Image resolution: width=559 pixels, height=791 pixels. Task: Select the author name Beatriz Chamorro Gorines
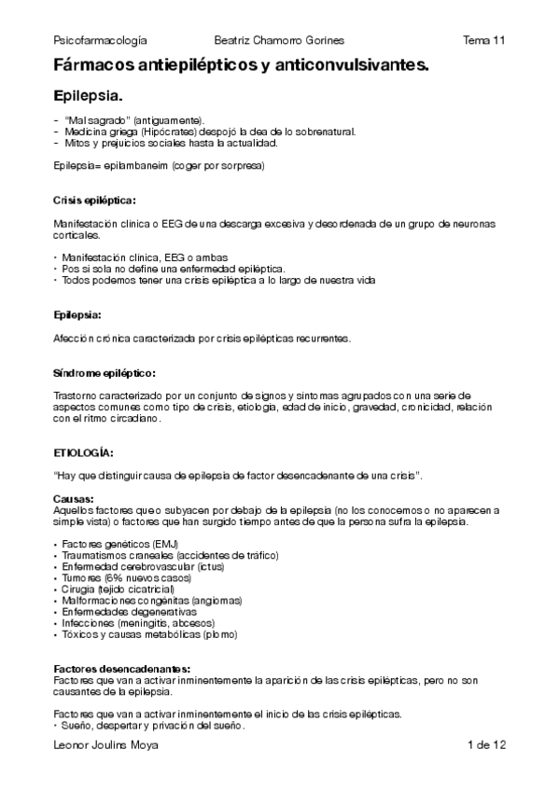[x=279, y=40]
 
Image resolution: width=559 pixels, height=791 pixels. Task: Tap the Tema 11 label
[x=484, y=40]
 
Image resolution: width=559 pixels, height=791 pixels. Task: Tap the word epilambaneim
[x=142, y=166]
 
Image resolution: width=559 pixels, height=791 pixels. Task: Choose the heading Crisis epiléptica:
[x=94, y=200]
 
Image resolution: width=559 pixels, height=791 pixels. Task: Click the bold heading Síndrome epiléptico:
[x=103, y=372]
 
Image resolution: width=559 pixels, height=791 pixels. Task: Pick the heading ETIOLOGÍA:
[x=84, y=452]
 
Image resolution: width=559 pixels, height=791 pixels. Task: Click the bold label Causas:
[x=74, y=499]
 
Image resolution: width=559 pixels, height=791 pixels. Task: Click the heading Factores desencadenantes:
[x=122, y=670]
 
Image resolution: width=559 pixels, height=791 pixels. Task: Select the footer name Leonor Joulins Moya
[x=106, y=745]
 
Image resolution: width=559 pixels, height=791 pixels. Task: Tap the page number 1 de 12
[x=486, y=745]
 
